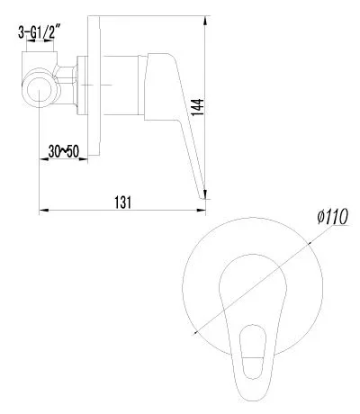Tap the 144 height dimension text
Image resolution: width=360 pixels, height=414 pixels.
(197, 107)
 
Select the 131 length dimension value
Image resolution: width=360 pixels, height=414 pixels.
(122, 202)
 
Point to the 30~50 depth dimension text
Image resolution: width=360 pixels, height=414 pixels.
(64, 151)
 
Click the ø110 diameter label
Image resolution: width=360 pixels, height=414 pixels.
(332, 216)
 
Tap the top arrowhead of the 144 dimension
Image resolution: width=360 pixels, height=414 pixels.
(205, 21)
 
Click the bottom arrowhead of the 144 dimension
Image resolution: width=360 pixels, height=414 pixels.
(205, 193)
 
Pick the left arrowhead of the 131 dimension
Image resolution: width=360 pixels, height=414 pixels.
(44, 210)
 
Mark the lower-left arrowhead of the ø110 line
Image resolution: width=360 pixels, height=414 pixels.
(196, 331)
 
